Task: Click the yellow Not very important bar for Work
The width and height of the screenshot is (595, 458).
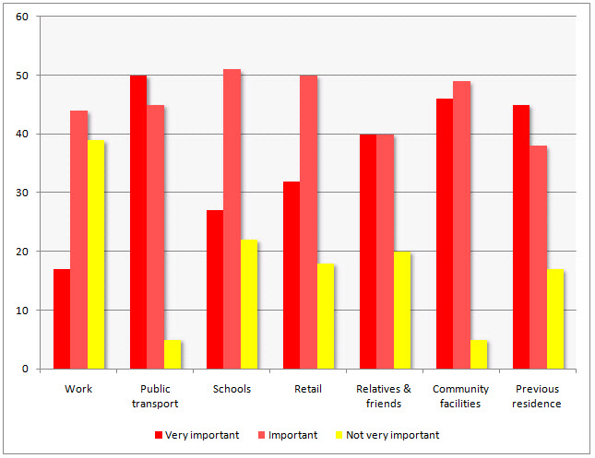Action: [96, 254]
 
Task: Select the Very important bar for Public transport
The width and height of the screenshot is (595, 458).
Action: [138, 222]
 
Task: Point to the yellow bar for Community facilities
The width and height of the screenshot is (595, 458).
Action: [479, 354]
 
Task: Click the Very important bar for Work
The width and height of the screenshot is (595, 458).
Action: [62, 319]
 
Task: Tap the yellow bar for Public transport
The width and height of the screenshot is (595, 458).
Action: [173, 354]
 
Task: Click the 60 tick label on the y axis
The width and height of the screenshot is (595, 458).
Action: [22, 17]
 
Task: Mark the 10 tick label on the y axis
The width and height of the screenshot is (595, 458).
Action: [22, 311]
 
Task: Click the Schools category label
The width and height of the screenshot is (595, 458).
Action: [232, 389]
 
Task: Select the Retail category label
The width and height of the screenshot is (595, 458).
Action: [308, 389]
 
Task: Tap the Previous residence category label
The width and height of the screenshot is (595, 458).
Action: [538, 396]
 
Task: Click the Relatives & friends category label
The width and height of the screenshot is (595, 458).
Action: [385, 396]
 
